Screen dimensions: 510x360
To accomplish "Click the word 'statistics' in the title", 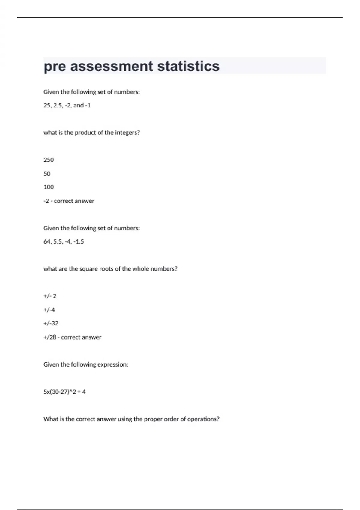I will (188, 66).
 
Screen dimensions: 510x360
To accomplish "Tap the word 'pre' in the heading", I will (55, 66).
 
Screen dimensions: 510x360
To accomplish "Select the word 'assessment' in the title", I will (112, 66).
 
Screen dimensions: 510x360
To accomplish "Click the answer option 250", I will (49, 160).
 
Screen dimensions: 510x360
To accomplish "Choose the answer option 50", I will (47, 174).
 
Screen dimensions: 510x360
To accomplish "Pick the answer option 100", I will (49, 187).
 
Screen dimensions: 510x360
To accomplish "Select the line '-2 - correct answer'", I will (69, 201).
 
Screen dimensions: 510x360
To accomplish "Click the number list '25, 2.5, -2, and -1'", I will (67, 105).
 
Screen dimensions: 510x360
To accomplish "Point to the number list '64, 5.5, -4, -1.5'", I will (64, 241).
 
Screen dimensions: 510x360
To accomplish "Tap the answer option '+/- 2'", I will (50, 296).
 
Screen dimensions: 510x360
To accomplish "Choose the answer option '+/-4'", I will (49, 310).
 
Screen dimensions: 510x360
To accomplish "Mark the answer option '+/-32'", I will (51, 323).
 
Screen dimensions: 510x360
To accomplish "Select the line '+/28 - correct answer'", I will (72, 337).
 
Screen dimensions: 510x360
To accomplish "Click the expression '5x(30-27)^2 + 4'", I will (64, 392).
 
